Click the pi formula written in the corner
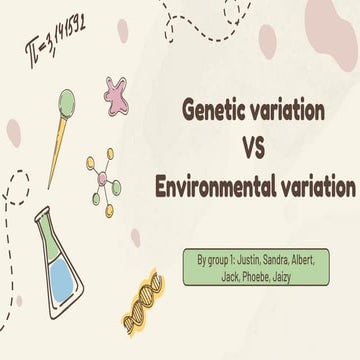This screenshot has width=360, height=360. pyautogui.click(x=54, y=37)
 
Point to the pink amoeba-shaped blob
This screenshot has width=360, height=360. pyautogui.click(x=119, y=93)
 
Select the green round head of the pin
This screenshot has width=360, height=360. pyautogui.click(x=66, y=100)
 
